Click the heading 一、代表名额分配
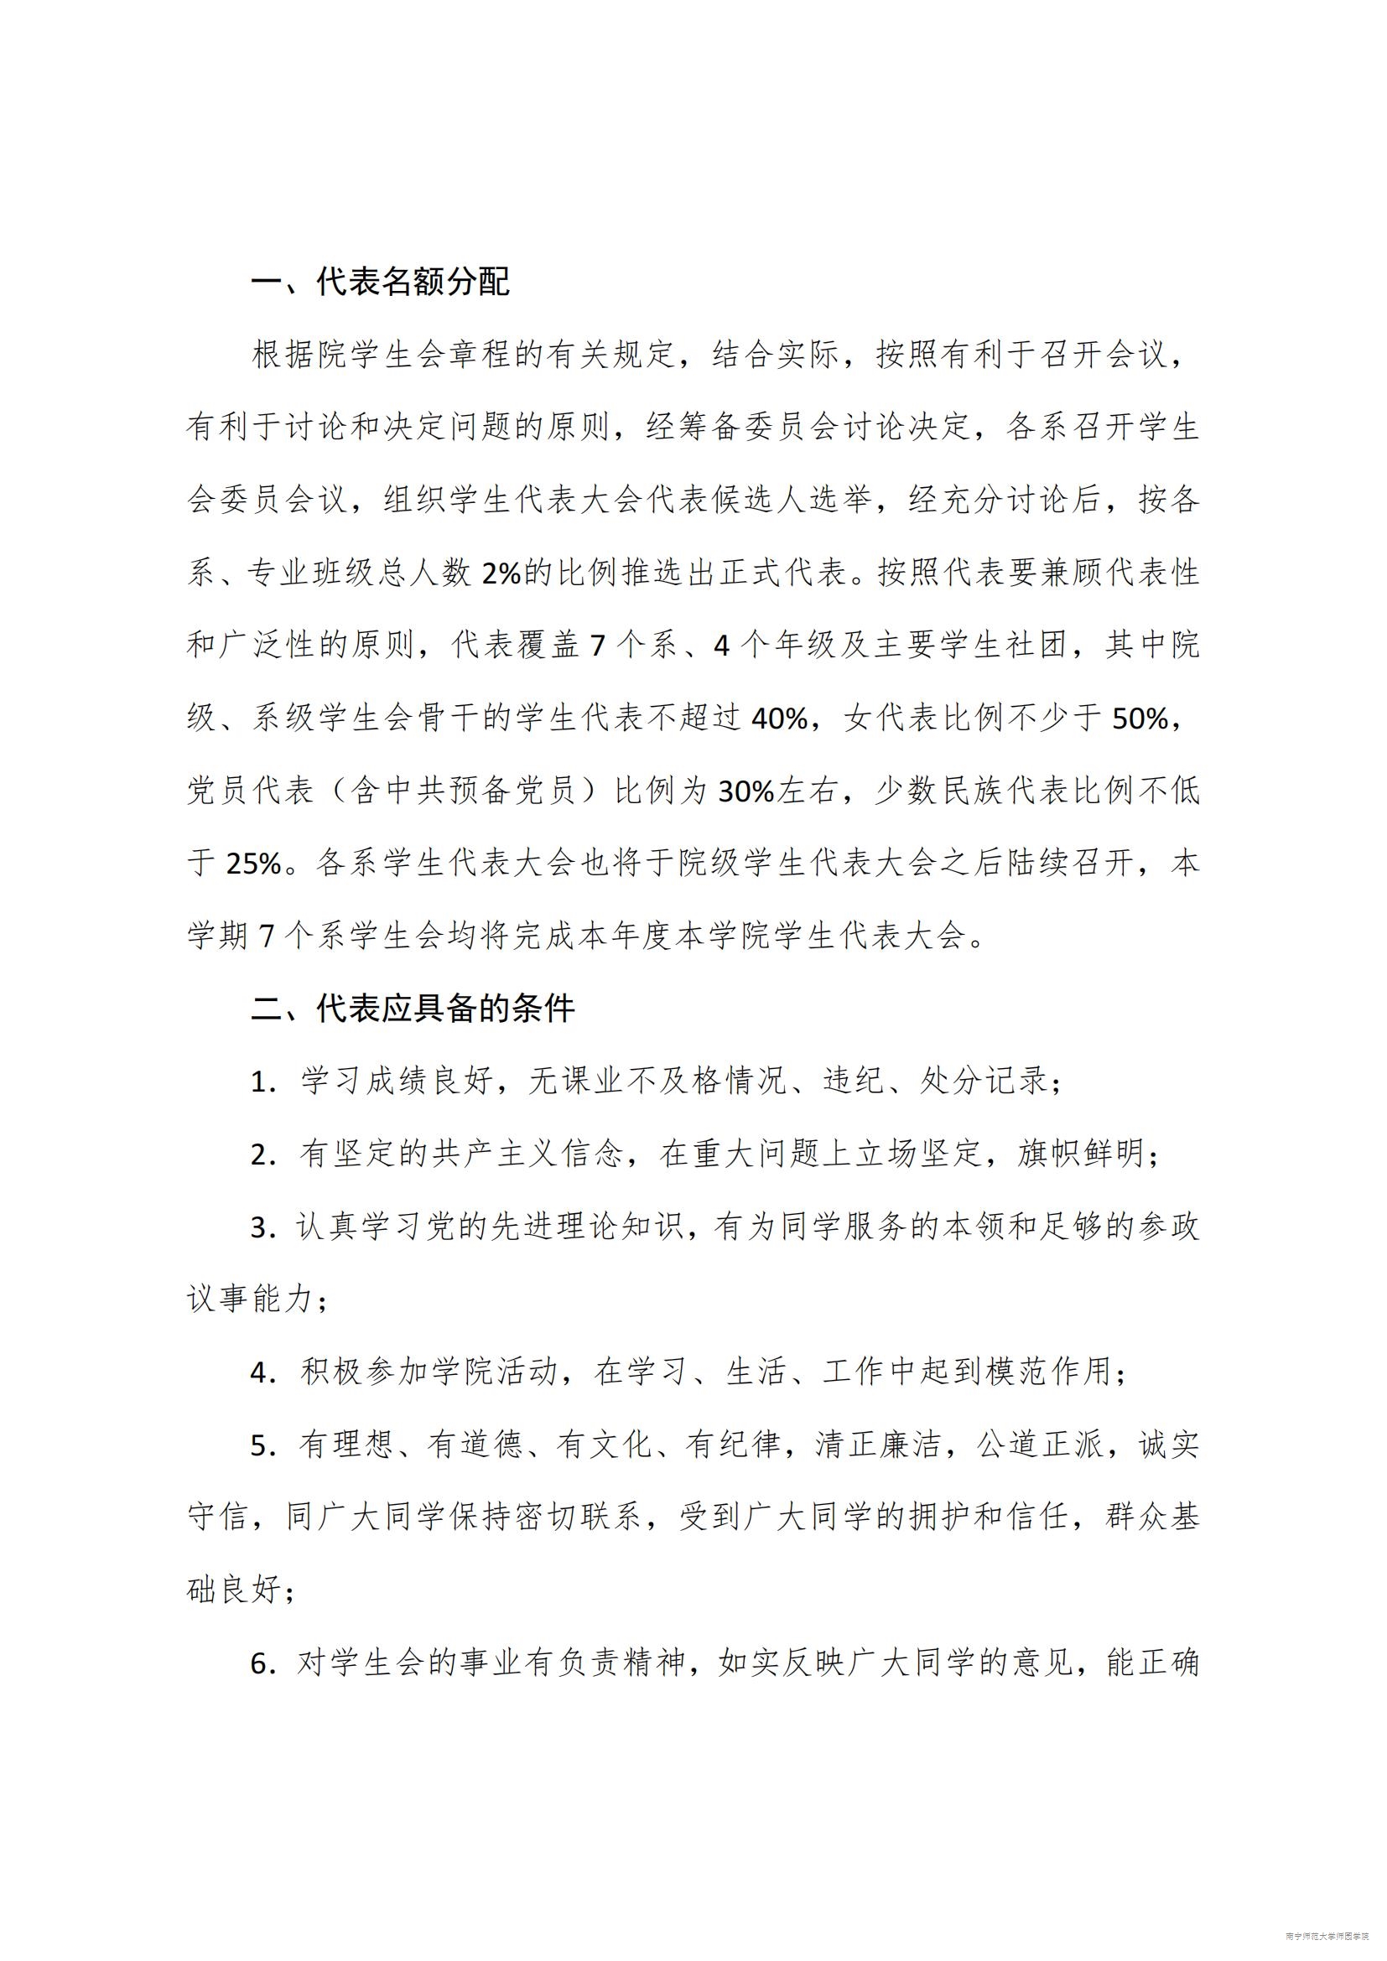[x=380, y=283]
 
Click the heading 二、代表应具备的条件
[x=413, y=1009]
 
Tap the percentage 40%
[x=779, y=719]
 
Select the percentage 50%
[x=1140, y=719]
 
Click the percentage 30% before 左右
[x=745, y=791]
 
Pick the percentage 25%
[x=253, y=864]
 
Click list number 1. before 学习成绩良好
[x=262, y=1083]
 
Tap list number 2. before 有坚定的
[x=262, y=1155]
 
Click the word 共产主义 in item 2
[x=496, y=1155]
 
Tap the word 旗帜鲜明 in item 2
[x=1079, y=1155]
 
